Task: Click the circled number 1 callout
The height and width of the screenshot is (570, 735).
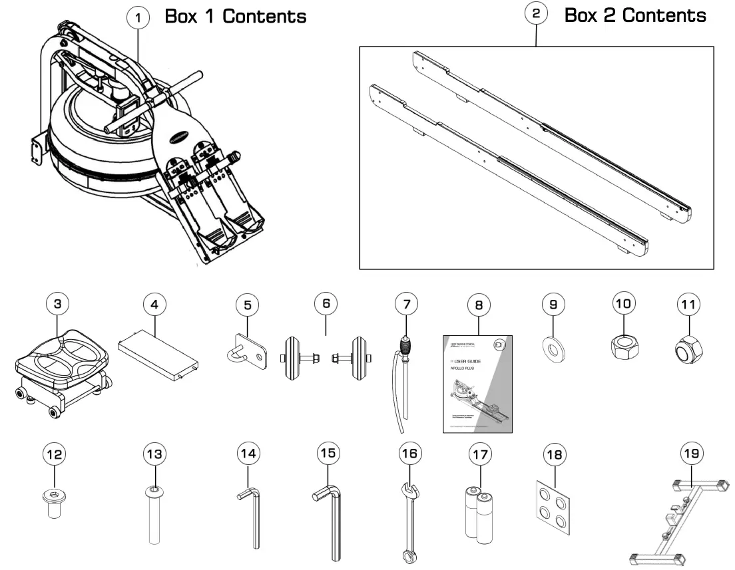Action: click(x=138, y=18)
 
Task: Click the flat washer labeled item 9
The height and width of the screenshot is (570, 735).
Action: click(x=553, y=349)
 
